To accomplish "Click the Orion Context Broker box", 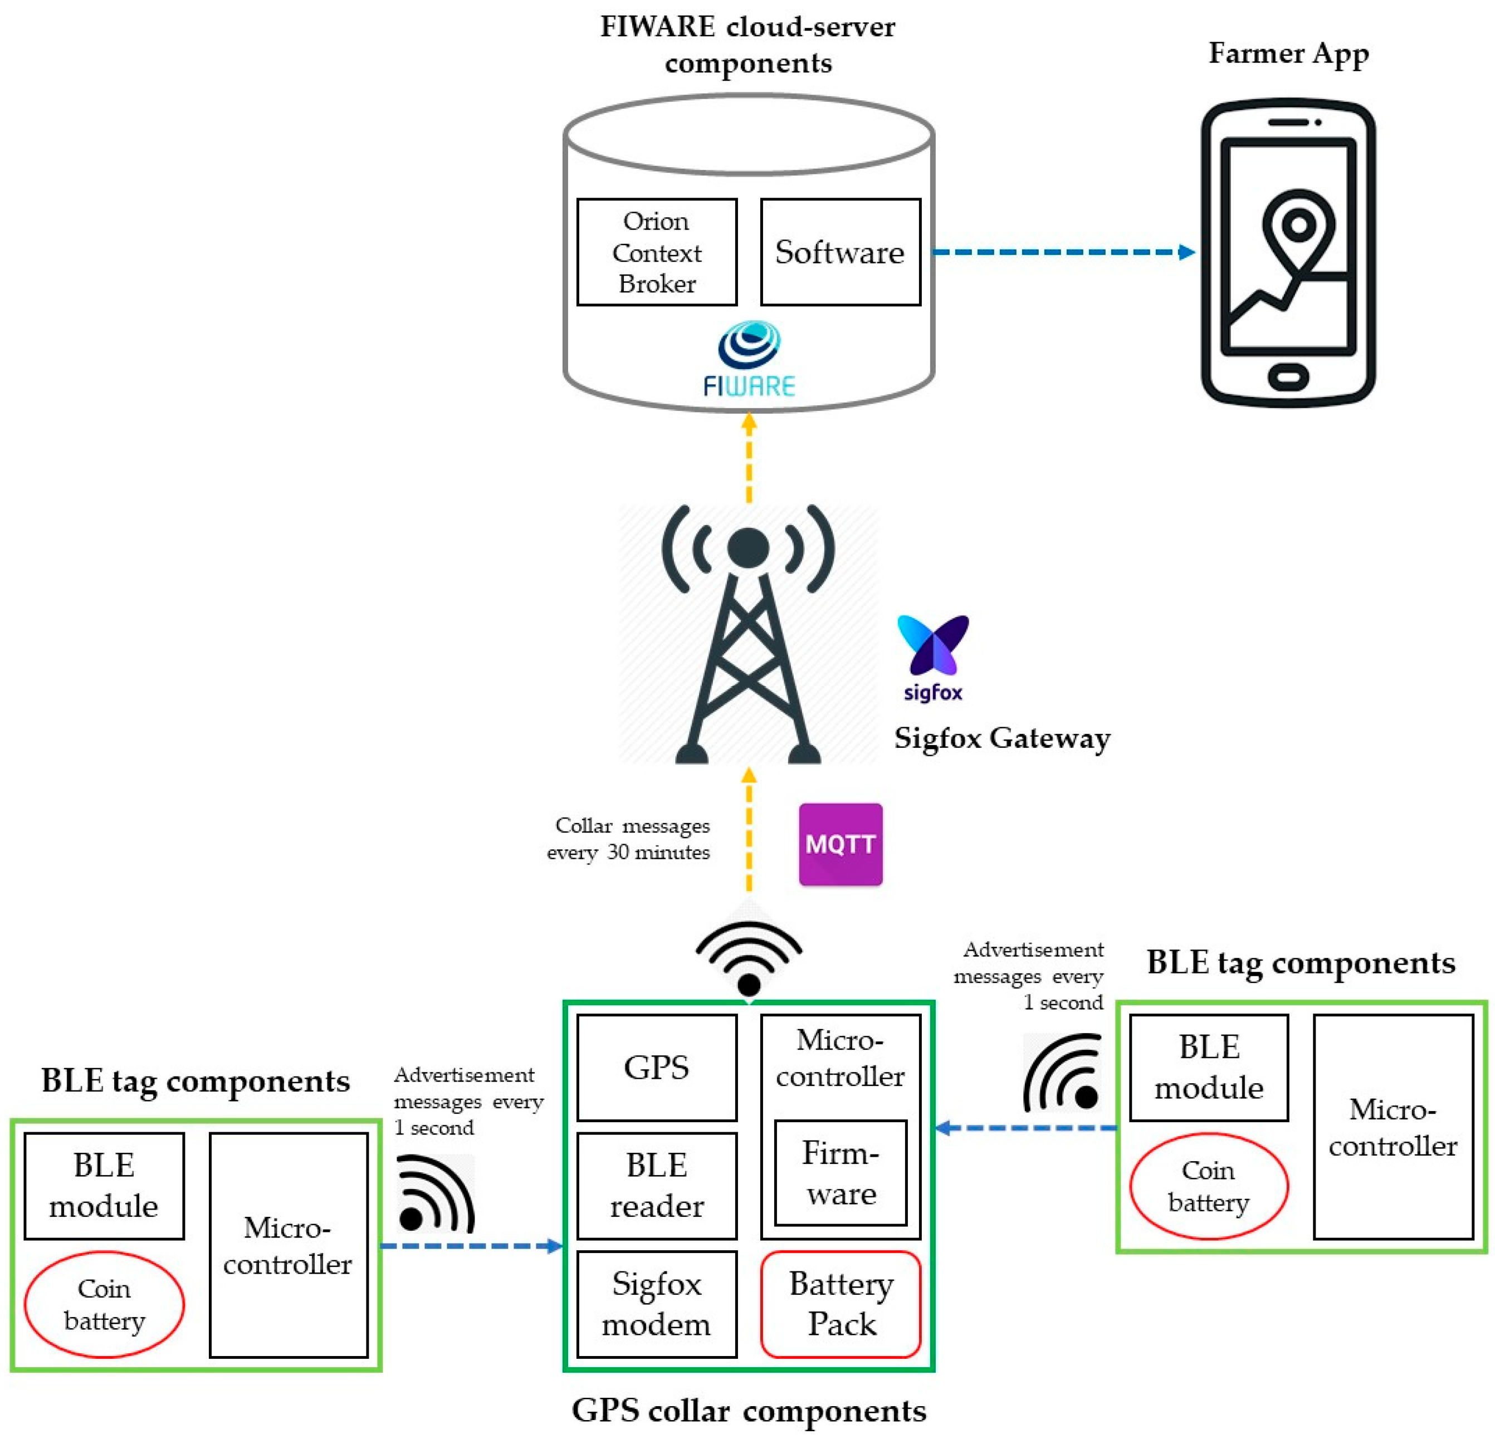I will (656, 252).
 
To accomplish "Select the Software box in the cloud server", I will (840, 252).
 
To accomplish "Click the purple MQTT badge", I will (840, 844).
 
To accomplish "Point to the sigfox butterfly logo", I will (932, 648).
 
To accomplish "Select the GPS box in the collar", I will (656, 1068).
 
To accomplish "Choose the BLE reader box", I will (656, 1186).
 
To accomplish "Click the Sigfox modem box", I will (656, 1304).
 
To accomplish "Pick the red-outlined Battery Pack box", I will (841, 1304).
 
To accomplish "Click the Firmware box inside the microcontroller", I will (841, 1173).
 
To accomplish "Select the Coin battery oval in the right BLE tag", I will (1208, 1186).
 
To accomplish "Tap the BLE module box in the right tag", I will (1208, 1068).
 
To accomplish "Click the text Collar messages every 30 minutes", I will (630, 839).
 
